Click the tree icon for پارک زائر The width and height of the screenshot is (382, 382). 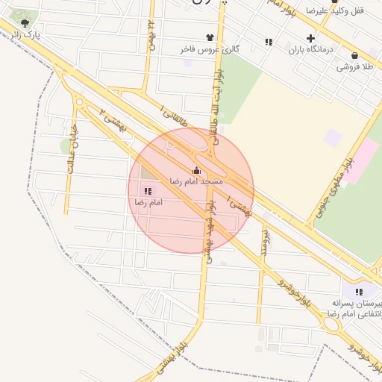[x=25, y=23]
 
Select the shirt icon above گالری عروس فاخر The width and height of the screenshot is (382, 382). [x=210, y=37]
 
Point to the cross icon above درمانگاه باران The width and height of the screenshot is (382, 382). [x=311, y=38]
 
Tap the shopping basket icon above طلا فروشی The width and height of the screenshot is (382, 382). [x=354, y=55]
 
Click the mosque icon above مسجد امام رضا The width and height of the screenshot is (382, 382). [x=196, y=170]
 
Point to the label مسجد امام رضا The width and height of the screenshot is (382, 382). [x=193, y=181]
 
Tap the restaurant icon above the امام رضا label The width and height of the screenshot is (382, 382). [x=148, y=191]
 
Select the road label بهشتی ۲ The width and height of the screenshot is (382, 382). [x=112, y=120]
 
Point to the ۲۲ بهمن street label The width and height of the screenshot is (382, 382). [x=151, y=33]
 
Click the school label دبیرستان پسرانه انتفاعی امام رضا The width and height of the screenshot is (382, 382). [x=360, y=310]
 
